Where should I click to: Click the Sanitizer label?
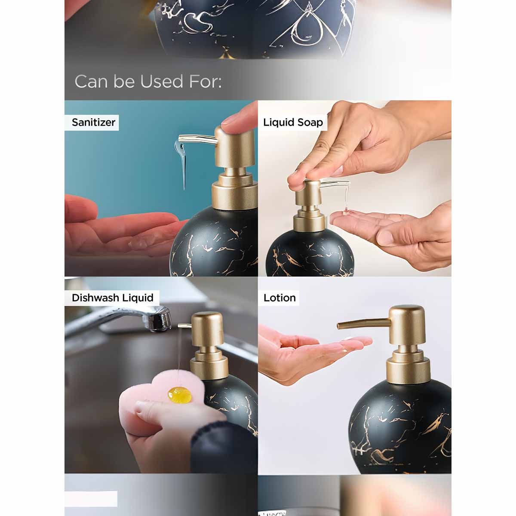(x=93, y=123)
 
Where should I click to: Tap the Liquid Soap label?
(x=293, y=123)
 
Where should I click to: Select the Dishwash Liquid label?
(x=112, y=298)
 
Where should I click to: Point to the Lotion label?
(x=279, y=298)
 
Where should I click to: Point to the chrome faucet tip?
(x=162, y=320)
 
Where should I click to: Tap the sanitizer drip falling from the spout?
(x=184, y=163)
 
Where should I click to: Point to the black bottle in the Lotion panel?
(x=400, y=426)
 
